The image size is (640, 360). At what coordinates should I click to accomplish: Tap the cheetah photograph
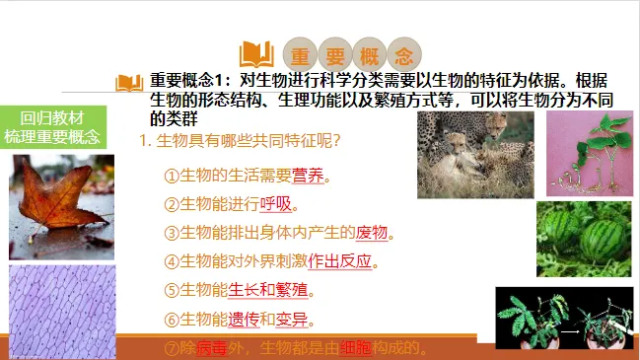click(475, 154)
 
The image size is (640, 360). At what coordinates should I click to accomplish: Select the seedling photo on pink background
click(589, 152)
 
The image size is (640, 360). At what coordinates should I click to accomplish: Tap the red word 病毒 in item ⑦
click(212, 348)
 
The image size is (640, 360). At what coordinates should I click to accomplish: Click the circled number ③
click(171, 233)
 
